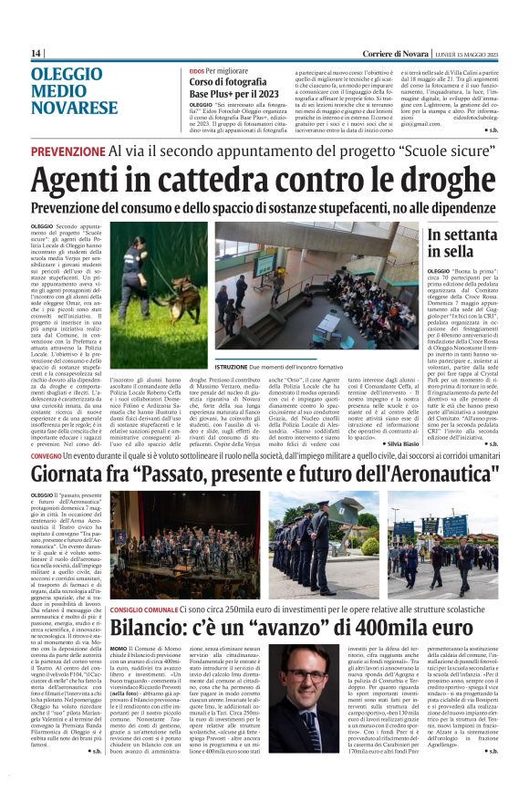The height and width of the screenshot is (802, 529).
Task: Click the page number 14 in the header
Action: [36, 54]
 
